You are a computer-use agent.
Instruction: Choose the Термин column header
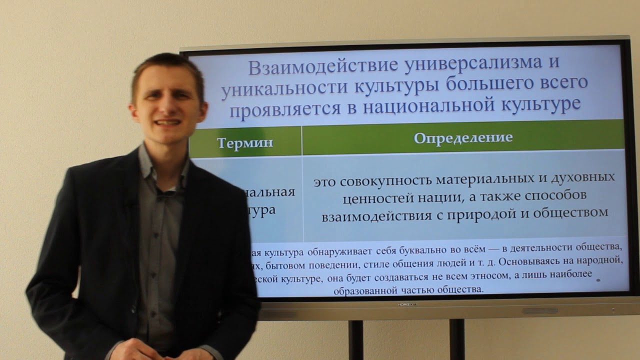(x=245, y=142)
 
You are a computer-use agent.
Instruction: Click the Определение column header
(x=463, y=137)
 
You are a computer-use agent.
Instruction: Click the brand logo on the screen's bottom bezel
(x=407, y=304)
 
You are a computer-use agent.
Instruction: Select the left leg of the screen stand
(x=355, y=340)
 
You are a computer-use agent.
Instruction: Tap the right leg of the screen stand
(x=456, y=340)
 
